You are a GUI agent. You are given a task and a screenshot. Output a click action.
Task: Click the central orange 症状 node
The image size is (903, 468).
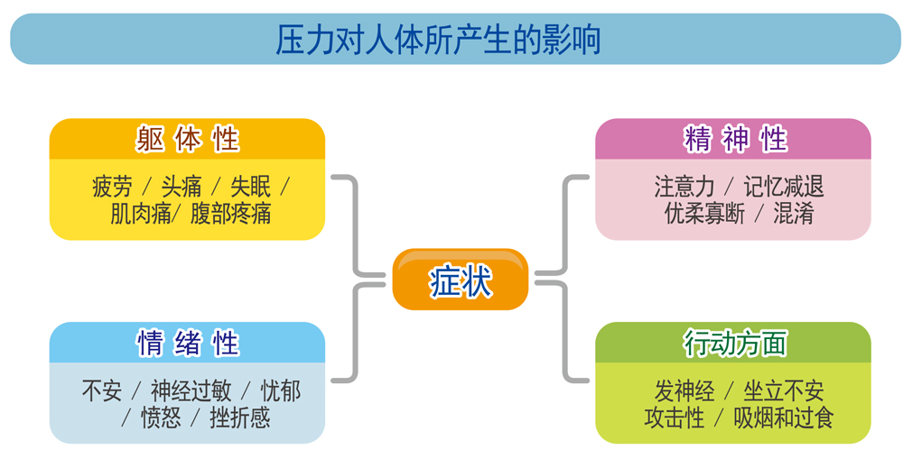[x=461, y=280]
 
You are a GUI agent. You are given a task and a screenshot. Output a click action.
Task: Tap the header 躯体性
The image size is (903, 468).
[x=187, y=139]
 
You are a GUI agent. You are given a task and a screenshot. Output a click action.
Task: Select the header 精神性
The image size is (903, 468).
[x=735, y=139]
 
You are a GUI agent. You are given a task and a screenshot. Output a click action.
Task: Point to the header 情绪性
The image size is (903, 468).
[x=187, y=344]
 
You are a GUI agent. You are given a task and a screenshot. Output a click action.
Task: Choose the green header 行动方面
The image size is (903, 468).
[x=735, y=344]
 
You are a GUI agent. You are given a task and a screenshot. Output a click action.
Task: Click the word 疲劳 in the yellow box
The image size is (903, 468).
[x=112, y=187]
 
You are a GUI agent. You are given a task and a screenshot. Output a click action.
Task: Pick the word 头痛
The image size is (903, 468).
[x=182, y=187]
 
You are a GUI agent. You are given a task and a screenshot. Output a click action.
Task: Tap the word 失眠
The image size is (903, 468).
[x=250, y=187]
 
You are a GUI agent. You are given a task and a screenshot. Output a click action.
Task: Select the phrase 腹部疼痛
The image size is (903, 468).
[x=230, y=214]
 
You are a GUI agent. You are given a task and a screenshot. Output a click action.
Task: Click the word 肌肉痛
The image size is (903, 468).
[x=141, y=214]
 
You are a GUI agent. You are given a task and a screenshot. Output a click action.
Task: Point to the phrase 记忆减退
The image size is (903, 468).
[x=784, y=187]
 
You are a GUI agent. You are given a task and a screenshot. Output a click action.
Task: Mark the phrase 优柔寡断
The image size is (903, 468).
[x=704, y=214]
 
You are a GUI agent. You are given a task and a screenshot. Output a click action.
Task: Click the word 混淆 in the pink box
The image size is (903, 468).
[x=794, y=214]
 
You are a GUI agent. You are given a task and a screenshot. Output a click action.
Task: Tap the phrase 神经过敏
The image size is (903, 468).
[x=191, y=391]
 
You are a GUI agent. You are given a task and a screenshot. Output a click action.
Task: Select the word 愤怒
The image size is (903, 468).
[x=162, y=418]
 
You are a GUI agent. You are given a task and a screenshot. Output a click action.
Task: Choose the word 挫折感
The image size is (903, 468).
[x=240, y=418]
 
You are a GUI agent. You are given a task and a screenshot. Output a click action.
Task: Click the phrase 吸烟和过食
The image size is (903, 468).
[x=783, y=418]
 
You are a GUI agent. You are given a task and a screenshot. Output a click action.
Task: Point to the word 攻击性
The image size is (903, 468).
[x=675, y=418]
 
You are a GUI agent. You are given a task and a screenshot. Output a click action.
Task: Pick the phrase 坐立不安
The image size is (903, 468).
[x=784, y=391]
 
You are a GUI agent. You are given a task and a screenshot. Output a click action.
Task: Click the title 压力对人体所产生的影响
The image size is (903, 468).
[x=438, y=40]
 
